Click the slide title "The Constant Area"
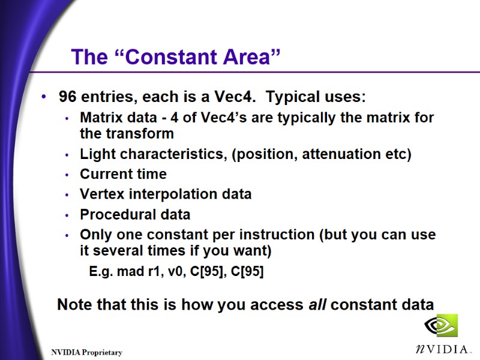point(176,57)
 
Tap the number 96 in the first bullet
point(67,97)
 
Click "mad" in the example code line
point(128,272)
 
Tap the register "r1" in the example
point(154,272)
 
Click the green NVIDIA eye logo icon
point(441,326)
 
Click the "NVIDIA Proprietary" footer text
point(86,352)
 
